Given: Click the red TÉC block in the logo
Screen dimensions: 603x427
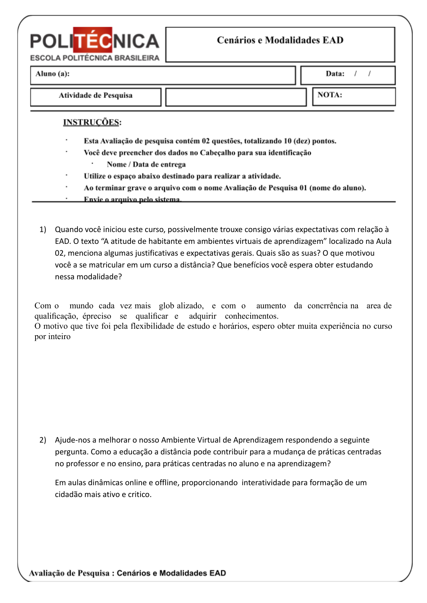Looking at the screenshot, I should [x=92, y=40].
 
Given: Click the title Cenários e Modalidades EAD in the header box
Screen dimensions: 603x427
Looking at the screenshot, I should [x=280, y=40].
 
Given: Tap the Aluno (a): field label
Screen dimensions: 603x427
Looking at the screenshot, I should [x=52, y=74].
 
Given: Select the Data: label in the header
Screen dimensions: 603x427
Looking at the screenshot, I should [x=335, y=74].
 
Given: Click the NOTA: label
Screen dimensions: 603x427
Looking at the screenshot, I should [x=329, y=95].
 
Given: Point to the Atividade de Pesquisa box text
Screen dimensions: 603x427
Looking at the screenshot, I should [x=96, y=96].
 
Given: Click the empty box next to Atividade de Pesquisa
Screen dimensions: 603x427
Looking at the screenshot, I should [x=236, y=97].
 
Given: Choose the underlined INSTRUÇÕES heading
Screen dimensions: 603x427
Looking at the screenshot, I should [x=91, y=122].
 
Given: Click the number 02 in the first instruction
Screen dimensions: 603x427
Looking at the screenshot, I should [x=205, y=141].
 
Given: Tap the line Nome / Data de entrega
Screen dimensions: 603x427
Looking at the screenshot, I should [x=146, y=165].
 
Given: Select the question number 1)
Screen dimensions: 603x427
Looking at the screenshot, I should [x=43, y=230].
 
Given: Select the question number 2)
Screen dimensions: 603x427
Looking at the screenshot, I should [x=43, y=440].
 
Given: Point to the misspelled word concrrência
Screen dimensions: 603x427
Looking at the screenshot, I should [x=327, y=306].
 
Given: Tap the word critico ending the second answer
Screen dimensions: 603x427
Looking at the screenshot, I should [x=140, y=495].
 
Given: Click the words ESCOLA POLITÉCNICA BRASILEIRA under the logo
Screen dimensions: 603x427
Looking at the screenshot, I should [x=95, y=58].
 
